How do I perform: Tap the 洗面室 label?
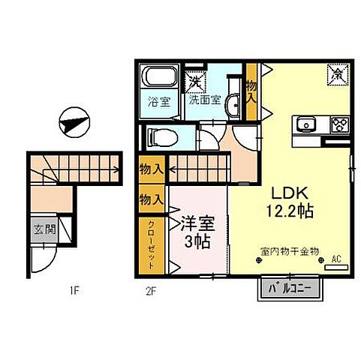coord(204,100)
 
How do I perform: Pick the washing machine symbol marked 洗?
coord(195,79)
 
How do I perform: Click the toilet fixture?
coord(163,136)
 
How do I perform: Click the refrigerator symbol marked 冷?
coord(335,73)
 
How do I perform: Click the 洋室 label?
coord(195,223)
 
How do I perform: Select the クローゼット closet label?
coord(151,244)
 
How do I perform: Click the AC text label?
coord(336,259)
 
